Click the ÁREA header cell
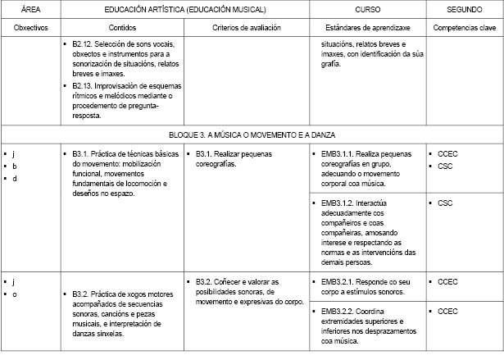point(30,9)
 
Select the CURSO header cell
point(367,9)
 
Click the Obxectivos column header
point(30,27)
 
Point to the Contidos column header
point(122,27)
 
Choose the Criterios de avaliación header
point(246,27)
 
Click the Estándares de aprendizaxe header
point(367,27)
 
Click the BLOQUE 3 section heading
point(252,134)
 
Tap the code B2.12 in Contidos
point(83,43)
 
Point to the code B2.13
point(83,85)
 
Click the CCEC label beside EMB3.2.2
point(449,312)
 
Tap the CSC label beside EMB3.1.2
point(445,203)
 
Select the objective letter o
point(14,294)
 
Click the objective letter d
point(14,179)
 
